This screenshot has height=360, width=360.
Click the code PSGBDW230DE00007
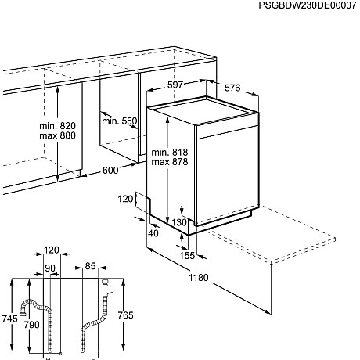pyautogui.click(x=308, y=5)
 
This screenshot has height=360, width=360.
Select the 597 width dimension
pyautogui.click(x=175, y=85)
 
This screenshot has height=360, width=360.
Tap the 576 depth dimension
pyautogui.click(x=232, y=88)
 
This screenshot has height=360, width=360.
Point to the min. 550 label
pyautogui.click(x=119, y=121)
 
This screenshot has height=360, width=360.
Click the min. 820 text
pyautogui.click(x=57, y=126)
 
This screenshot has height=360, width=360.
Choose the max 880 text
pyautogui.click(x=57, y=135)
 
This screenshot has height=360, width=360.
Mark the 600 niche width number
pyautogui.click(x=110, y=171)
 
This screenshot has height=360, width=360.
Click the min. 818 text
pyautogui.click(x=170, y=152)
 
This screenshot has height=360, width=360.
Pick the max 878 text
pyautogui.click(x=170, y=162)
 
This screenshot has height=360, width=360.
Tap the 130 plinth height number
pyautogui.click(x=179, y=222)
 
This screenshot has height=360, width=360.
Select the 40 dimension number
pyautogui.click(x=153, y=233)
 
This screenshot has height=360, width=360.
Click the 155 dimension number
pyautogui.click(x=187, y=256)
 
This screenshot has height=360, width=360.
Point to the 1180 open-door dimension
pyautogui.click(x=199, y=278)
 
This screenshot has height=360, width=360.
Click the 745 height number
pyautogui.click(x=10, y=319)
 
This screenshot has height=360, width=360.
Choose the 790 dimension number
pyautogui.click(x=32, y=325)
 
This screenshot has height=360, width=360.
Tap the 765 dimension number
pyautogui.click(x=125, y=315)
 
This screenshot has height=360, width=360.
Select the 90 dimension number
pyautogui.click(x=50, y=268)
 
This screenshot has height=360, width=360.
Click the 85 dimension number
pyautogui.click(x=90, y=266)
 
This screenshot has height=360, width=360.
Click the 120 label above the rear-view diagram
pyautogui.click(x=52, y=250)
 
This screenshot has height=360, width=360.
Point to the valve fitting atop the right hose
pyautogui.click(x=107, y=288)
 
